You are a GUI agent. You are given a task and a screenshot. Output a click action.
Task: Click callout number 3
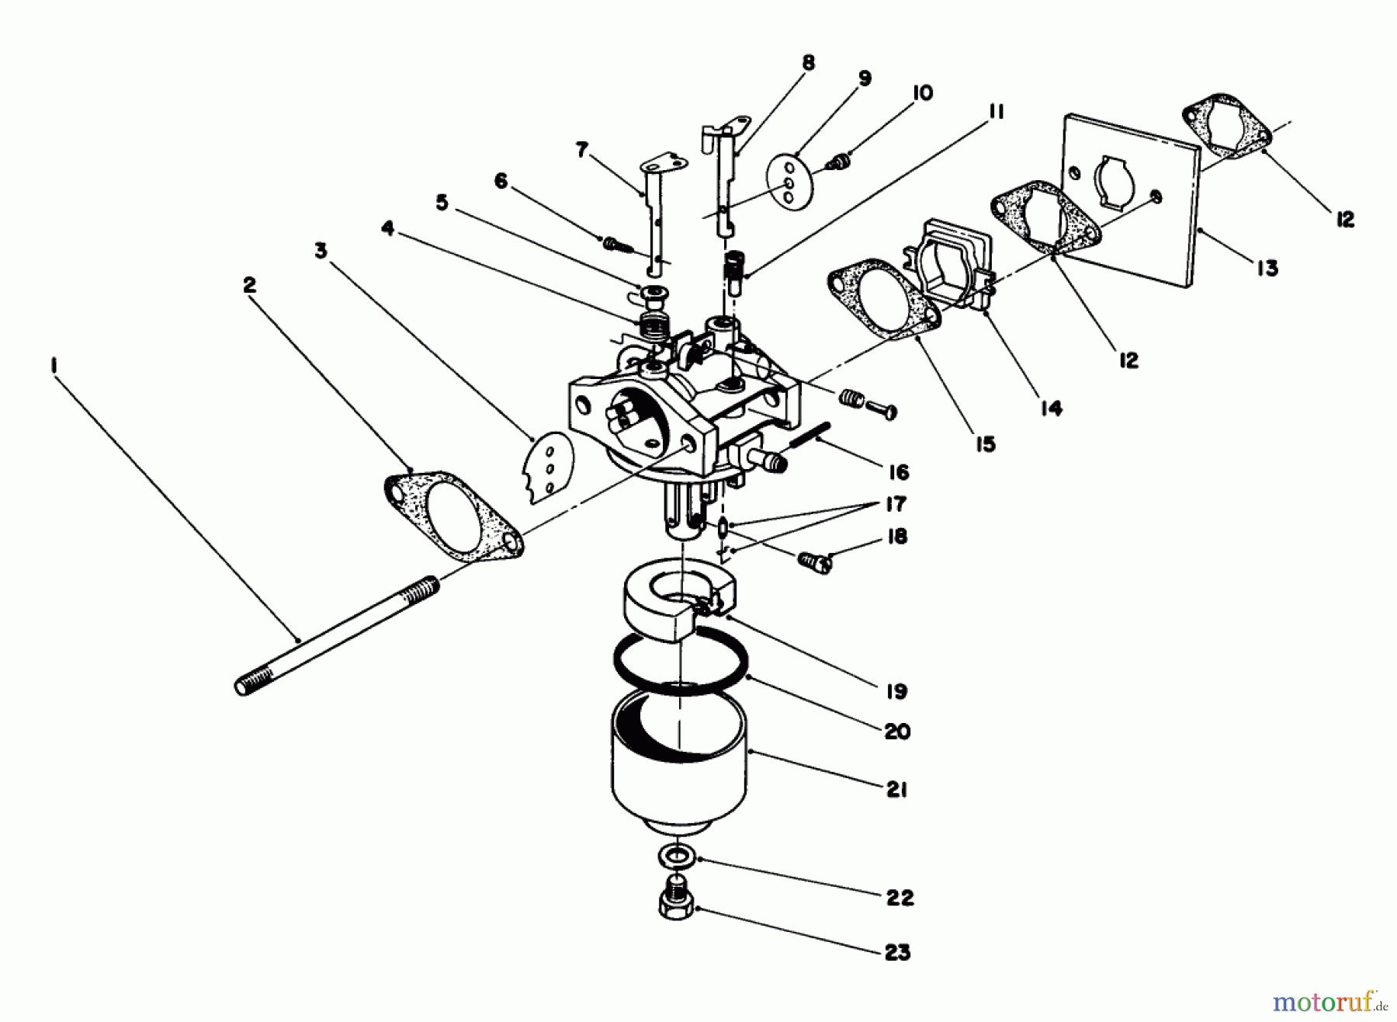coord(321,251)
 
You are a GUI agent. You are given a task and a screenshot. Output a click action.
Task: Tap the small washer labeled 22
coord(678,857)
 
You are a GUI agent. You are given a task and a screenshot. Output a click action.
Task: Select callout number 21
coord(896,790)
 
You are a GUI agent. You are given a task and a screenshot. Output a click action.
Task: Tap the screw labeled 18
coord(813,561)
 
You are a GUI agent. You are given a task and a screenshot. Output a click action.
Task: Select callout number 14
coord(1051,408)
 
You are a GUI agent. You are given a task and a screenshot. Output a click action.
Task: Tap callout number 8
coord(808,63)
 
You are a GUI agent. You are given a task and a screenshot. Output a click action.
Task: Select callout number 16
coord(898,472)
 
